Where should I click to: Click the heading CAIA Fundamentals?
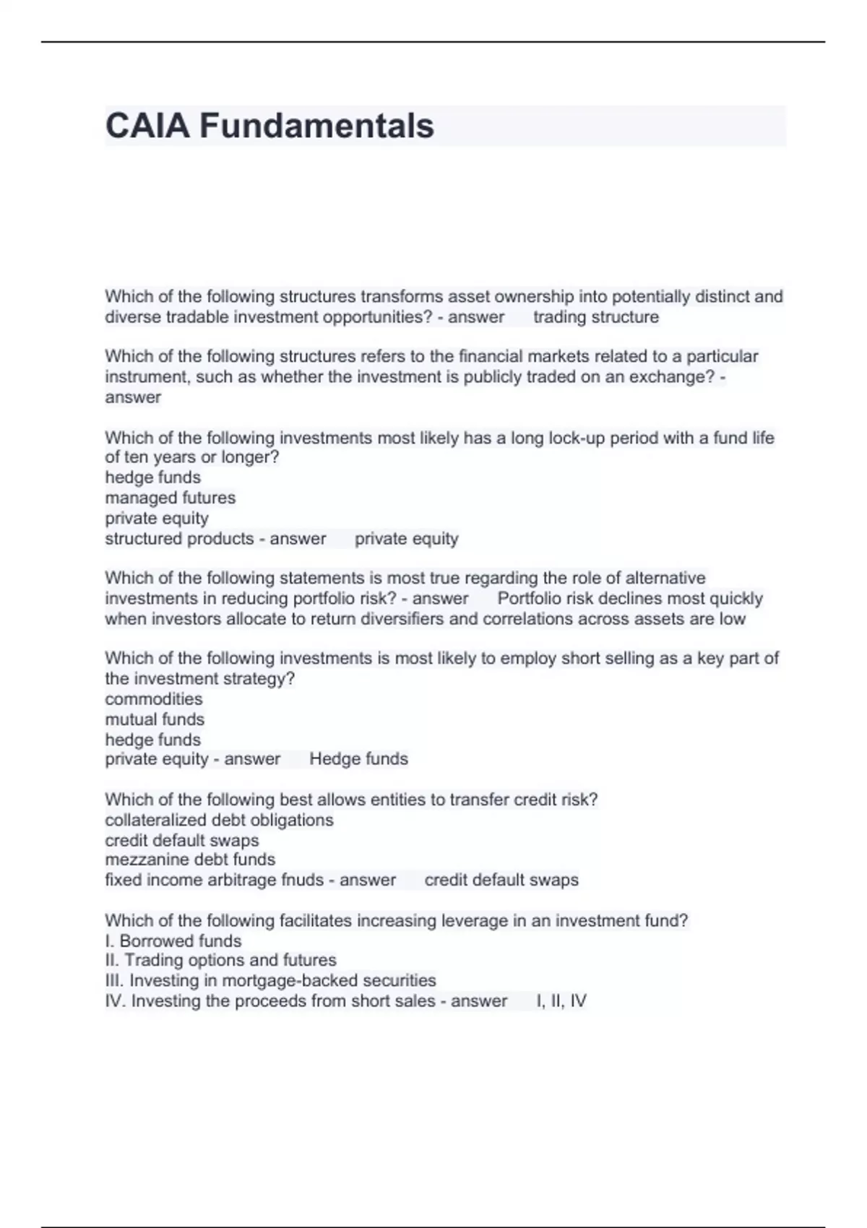269,126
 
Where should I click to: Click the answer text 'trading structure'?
595,317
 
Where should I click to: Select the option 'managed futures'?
170,498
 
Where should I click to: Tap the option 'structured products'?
179,539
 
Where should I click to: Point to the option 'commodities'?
153,699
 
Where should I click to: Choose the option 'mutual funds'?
155,719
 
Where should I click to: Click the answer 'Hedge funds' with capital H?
358,759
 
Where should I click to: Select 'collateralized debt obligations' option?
219,821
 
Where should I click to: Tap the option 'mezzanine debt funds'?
190,860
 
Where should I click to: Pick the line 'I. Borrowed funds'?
173,941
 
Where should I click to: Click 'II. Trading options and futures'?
220,961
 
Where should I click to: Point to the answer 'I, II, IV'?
561,1001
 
